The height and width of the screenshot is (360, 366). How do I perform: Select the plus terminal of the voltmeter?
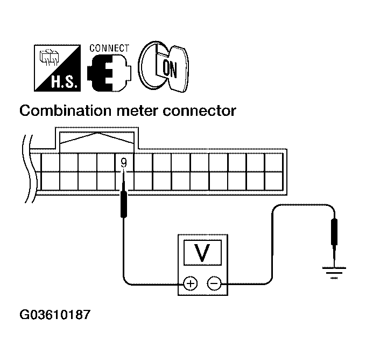point(190,283)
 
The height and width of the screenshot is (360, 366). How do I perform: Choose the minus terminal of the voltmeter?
point(214,283)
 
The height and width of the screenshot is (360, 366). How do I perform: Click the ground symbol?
point(334,272)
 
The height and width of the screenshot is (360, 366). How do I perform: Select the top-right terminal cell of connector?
point(274,162)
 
